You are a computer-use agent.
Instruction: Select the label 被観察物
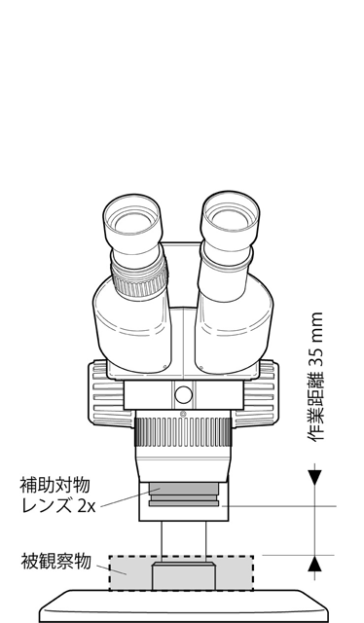(x=55, y=561)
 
